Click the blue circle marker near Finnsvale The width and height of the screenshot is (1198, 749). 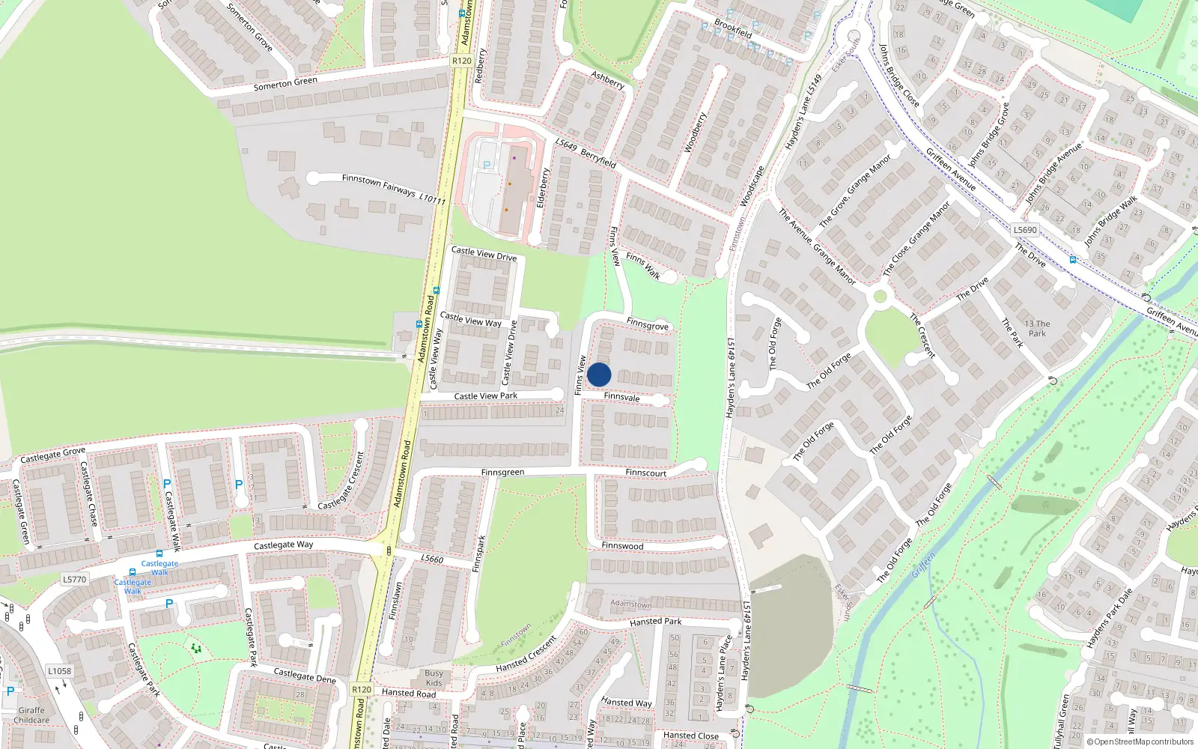coord(599,374)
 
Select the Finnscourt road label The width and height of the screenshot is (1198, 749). coord(645,473)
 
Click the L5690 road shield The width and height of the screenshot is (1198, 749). coord(1025,230)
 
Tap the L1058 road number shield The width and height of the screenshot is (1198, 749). coord(59,671)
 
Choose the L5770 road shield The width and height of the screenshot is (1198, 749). coord(74,579)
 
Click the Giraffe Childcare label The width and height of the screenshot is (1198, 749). coord(31,715)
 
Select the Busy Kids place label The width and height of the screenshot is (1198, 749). coord(434,678)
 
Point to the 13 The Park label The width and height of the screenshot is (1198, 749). coord(1037,328)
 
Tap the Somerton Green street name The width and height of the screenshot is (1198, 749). coord(285,83)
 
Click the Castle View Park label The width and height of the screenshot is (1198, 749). coord(485,395)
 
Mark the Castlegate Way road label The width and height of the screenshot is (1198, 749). coord(283,545)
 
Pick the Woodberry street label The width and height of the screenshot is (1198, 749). coord(695,133)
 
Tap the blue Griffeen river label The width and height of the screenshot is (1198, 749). coord(924,565)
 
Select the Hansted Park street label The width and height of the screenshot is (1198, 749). coord(655,621)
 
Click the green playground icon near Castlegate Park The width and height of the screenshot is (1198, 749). coord(196,648)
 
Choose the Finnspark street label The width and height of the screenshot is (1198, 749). coord(479,554)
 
